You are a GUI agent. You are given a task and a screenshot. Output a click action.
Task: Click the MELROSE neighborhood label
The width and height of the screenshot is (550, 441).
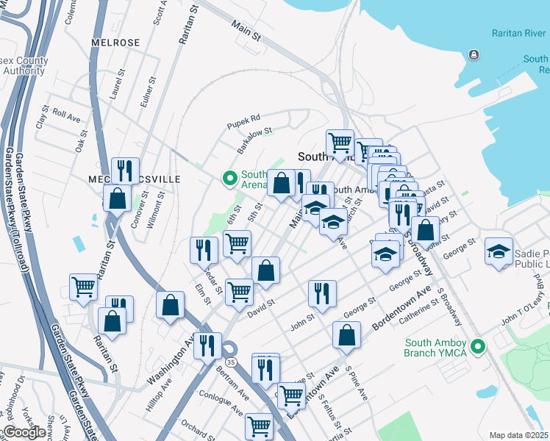coord(115,43)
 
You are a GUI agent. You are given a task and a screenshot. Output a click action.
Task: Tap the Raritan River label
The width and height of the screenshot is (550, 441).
coord(518,34)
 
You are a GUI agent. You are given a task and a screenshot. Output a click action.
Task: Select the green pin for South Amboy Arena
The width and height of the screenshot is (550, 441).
coord(229,178)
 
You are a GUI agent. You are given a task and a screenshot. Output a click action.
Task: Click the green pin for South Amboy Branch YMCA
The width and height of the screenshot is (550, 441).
coord(479,345)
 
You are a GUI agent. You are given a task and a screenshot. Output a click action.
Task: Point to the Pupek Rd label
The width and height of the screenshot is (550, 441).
coord(244,118)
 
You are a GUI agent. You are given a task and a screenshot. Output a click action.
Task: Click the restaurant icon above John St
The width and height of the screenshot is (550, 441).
coord(321,293)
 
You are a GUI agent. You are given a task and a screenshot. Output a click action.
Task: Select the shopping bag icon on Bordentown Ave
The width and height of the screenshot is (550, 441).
coord(346,335)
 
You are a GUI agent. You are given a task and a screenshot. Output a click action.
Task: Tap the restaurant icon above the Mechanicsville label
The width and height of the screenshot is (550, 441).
coord(125,171)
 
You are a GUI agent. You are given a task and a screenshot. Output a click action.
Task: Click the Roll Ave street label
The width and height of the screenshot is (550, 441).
coord(66,117)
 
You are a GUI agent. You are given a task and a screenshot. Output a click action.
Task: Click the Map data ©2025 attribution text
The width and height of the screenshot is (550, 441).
coord(518,435)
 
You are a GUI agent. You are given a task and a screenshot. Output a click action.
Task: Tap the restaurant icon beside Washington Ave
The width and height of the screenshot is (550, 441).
coord(207,345)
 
